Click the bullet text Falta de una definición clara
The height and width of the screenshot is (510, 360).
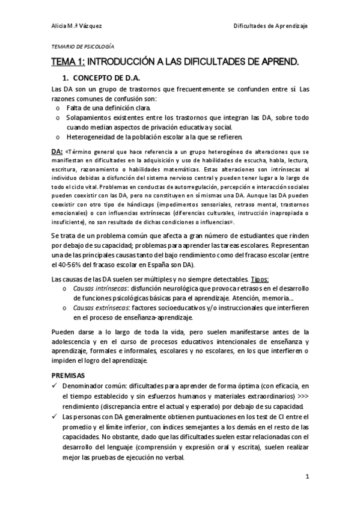click(x=103, y=107)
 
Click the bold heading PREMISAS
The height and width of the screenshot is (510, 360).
click(x=68, y=374)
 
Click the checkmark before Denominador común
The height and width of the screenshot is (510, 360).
click(x=55, y=385)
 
